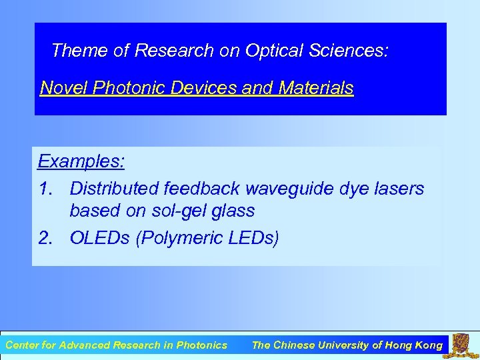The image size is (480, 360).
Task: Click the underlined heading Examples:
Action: pos(81,161)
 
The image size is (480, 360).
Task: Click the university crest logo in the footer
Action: pos(462,345)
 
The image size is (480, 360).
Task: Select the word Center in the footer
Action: pos(22,345)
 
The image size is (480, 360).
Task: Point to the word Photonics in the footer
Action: pos(201,345)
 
